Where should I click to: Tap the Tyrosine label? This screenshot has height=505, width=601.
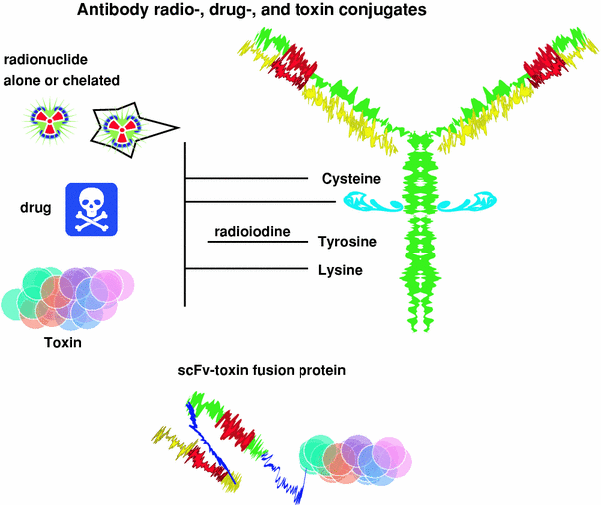click(x=347, y=243)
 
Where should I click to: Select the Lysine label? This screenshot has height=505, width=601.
click(x=341, y=269)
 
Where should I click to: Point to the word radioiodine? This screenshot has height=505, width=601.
click(x=251, y=232)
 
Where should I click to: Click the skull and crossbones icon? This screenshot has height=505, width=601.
click(x=93, y=209)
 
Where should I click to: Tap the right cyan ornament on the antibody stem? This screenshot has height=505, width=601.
click(x=464, y=203)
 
